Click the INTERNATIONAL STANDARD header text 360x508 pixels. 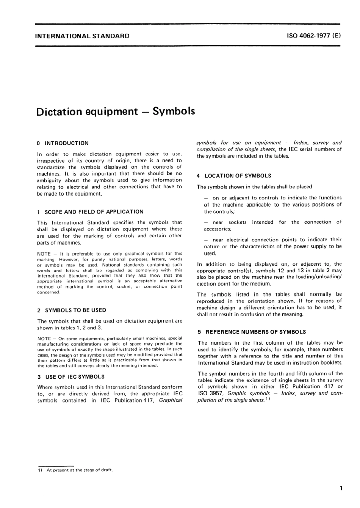coord(82,36)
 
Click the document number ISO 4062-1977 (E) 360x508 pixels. coord(314,36)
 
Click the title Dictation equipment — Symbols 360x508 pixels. coord(116,111)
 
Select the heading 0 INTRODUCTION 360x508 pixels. coord(63,143)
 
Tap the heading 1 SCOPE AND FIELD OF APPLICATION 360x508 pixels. coord(91,212)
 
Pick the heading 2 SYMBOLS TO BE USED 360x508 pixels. coord(72,310)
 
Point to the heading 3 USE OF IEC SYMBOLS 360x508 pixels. coord(71,377)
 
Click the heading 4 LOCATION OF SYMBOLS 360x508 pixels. coord(234,176)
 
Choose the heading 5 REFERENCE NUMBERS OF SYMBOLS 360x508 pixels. coord(252,332)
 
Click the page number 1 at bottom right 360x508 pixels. coord(341,488)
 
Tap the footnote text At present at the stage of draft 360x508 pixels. coord(80,470)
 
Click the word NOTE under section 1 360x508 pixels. coord(44,254)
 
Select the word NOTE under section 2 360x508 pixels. coord(44,339)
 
